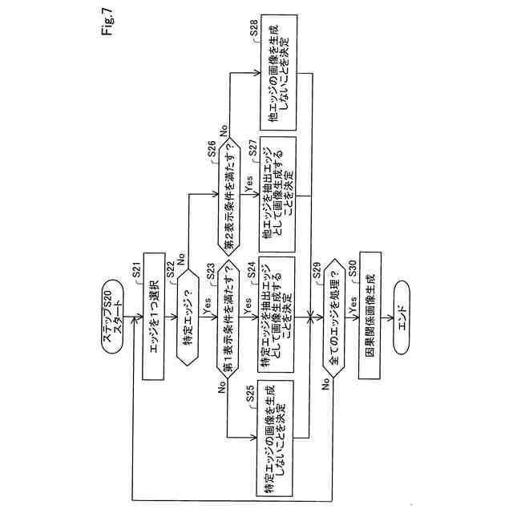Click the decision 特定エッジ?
click(x=189, y=318)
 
